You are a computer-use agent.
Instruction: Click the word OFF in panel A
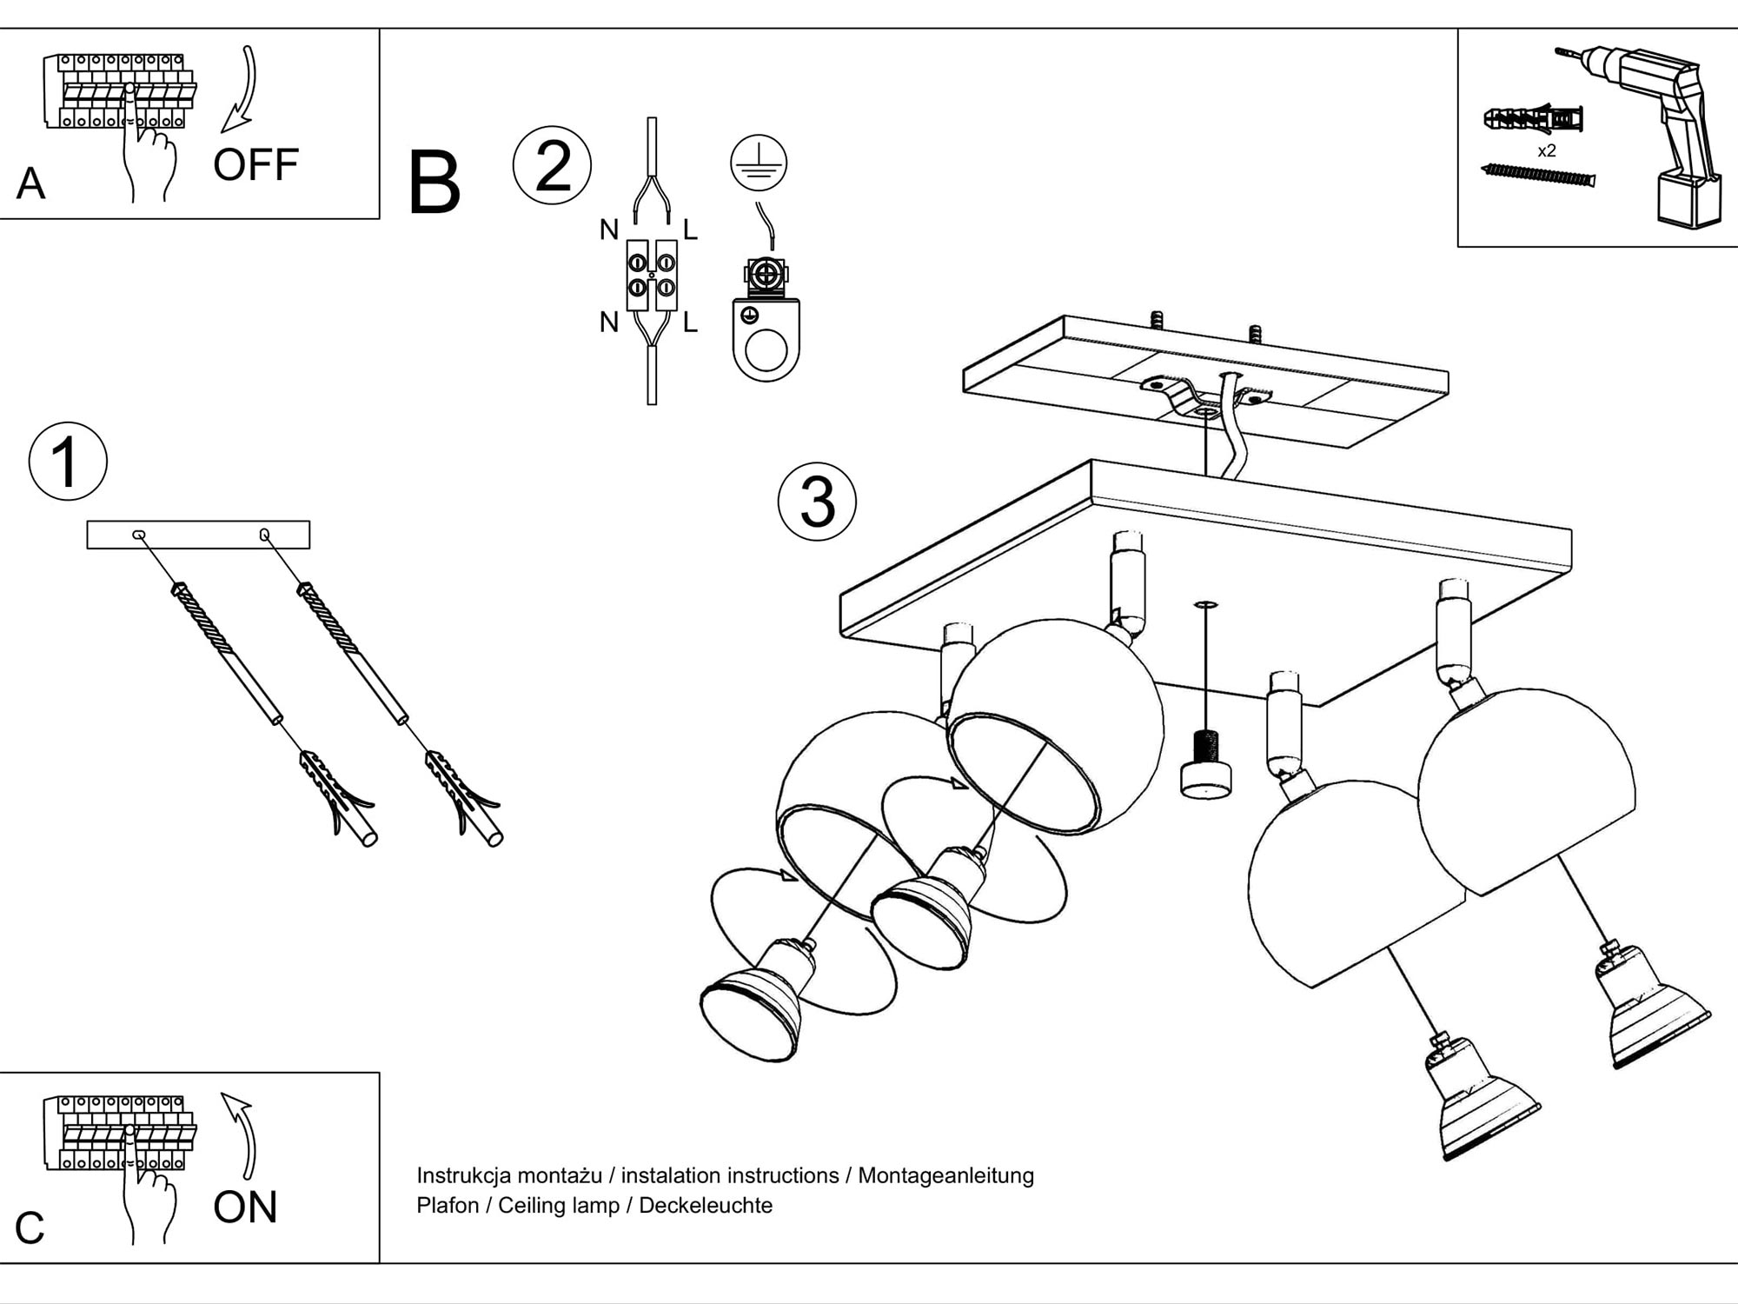click(255, 164)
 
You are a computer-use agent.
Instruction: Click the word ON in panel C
click(245, 1207)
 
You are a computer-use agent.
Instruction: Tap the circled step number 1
click(68, 461)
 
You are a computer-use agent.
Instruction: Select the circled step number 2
click(552, 165)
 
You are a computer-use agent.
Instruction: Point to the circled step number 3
click(817, 502)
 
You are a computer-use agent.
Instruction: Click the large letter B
click(434, 183)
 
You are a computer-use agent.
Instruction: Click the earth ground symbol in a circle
click(759, 163)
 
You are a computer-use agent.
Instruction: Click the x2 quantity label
click(1547, 151)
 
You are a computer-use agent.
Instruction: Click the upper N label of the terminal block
click(609, 230)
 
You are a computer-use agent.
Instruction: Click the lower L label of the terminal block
click(690, 323)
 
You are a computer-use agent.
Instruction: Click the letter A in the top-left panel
click(30, 183)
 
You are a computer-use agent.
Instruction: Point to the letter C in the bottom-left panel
click(30, 1227)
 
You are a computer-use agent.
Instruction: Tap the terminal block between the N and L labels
click(652, 275)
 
